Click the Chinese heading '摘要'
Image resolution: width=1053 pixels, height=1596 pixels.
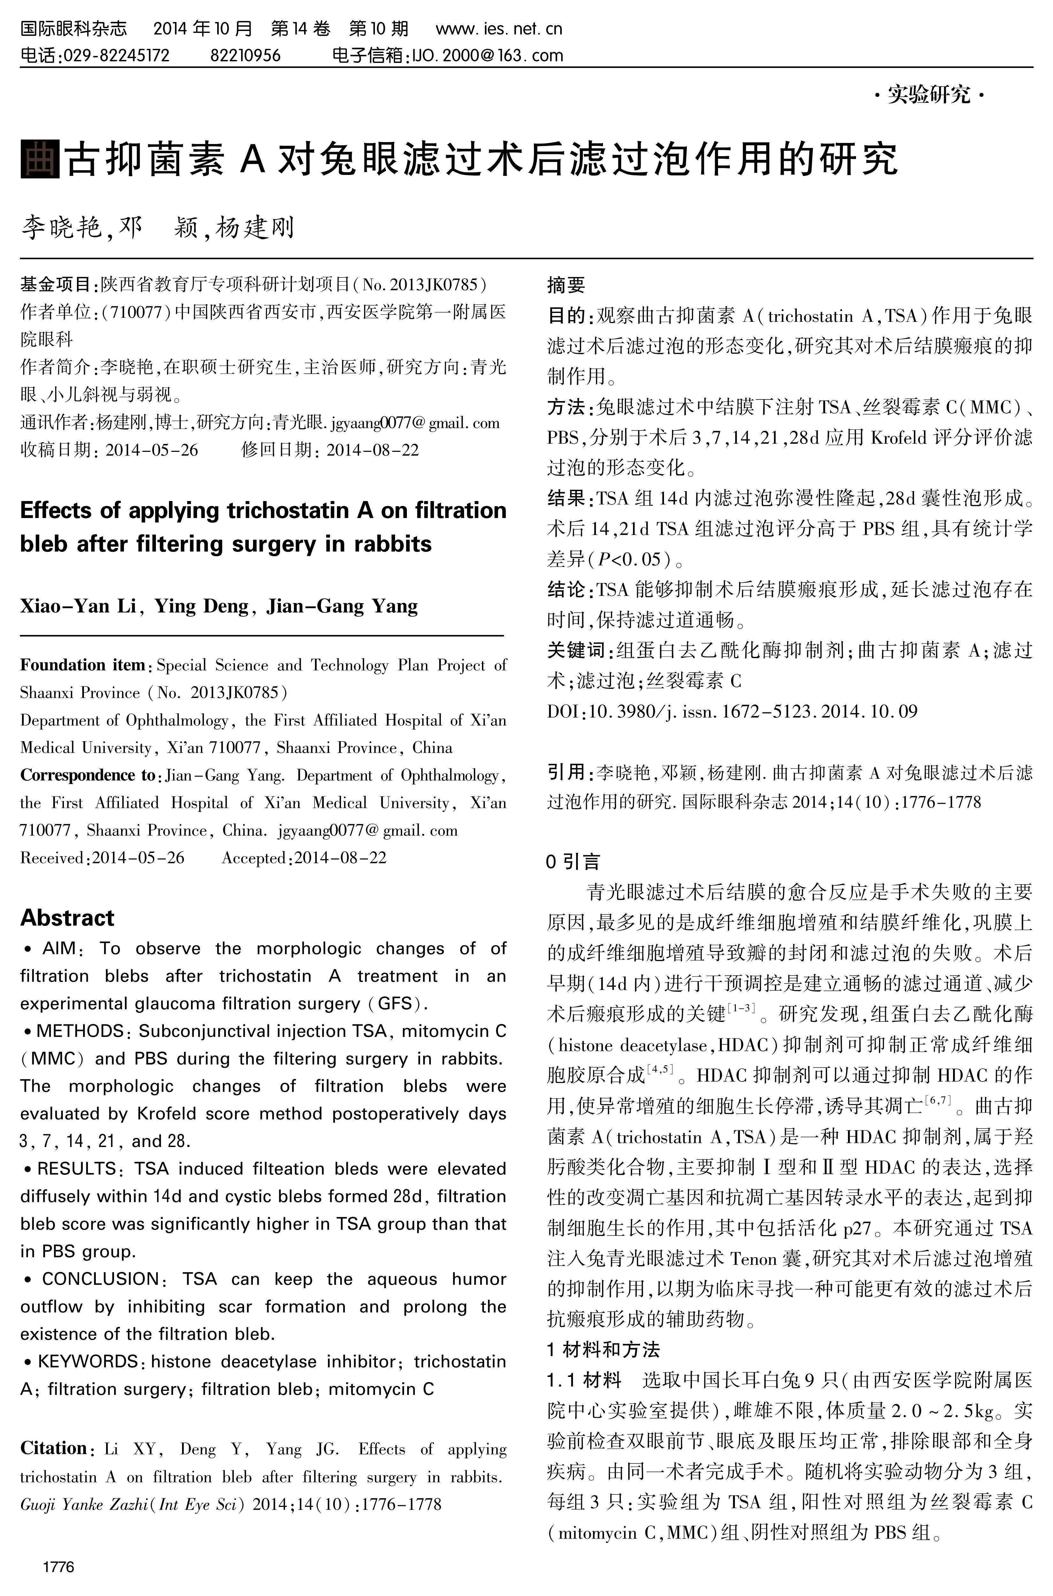(566, 285)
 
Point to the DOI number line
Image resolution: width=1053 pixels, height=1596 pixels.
(732, 712)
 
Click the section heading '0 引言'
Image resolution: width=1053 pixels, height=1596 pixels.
(573, 862)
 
